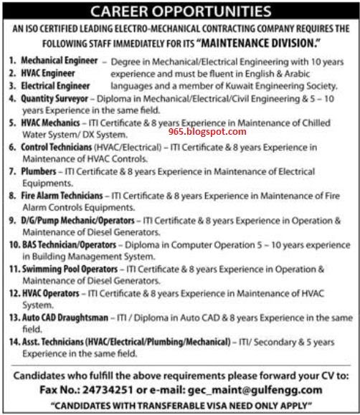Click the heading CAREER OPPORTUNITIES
tap(180, 12)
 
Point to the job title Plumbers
tap(39, 172)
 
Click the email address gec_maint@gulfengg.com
tap(260, 388)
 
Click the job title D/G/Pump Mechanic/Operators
tap(77, 219)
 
